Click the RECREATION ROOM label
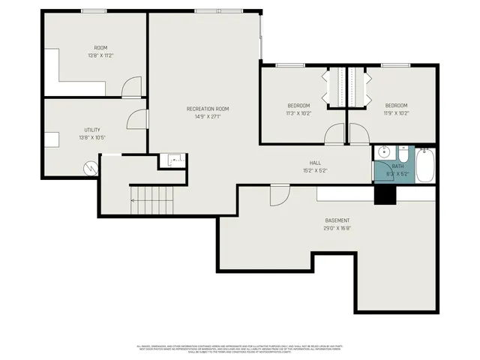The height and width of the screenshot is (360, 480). (208, 109)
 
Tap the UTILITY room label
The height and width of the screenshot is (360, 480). (91, 130)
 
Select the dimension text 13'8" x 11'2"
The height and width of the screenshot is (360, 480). (100, 55)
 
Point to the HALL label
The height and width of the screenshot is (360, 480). (316, 163)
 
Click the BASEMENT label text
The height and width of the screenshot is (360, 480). (337, 220)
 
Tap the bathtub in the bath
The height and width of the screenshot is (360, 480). (424, 165)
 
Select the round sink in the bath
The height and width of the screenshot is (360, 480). (383, 149)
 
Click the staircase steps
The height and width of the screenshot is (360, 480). (152, 200)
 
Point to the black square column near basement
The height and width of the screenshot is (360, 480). (385, 193)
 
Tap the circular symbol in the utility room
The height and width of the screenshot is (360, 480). (90, 168)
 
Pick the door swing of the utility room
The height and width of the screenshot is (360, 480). (138, 118)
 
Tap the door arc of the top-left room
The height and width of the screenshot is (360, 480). (131, 87)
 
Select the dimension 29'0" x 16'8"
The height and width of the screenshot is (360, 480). (337, 228)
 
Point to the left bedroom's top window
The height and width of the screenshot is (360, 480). (290, 65)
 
